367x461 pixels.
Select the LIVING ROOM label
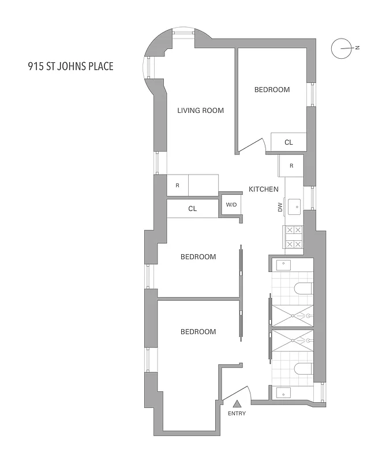(x=200, y=111)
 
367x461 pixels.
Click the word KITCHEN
(x=264, y=189)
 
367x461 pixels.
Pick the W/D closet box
(x=231, y=205)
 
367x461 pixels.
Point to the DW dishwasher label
(x=280, y=207)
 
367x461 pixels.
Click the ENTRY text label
(x=237, y=414)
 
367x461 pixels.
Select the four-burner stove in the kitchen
(x=294, y=237)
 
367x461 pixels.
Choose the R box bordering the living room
(x=178, y=186)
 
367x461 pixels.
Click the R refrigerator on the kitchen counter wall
(x=291, y=166)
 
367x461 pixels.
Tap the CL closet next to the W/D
(x=193, y=209)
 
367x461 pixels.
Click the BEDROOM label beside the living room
(x=272, y=90)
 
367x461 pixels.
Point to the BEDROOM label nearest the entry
(x=198, y=331)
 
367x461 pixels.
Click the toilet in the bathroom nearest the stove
(x=304, y=289)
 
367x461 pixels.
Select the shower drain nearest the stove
(x=293, y=315)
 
